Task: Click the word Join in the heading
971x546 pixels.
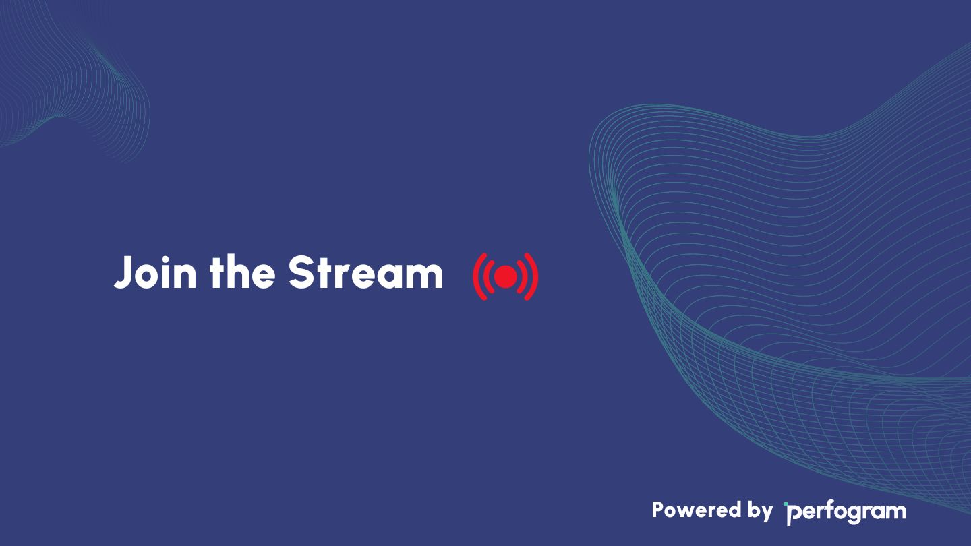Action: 155,272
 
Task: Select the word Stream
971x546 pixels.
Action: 366,272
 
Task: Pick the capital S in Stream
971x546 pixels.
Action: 301,272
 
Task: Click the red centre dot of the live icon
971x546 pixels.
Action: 506,276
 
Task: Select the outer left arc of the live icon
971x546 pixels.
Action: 477,276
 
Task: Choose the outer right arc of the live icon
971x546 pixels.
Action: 534,276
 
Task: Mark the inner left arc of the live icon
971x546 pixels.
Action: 486,276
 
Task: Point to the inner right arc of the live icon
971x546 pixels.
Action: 525,276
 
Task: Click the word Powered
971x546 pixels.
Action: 697,510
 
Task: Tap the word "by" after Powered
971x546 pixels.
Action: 760,512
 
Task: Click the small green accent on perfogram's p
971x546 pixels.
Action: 786,504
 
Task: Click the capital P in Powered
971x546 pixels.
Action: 658,510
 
